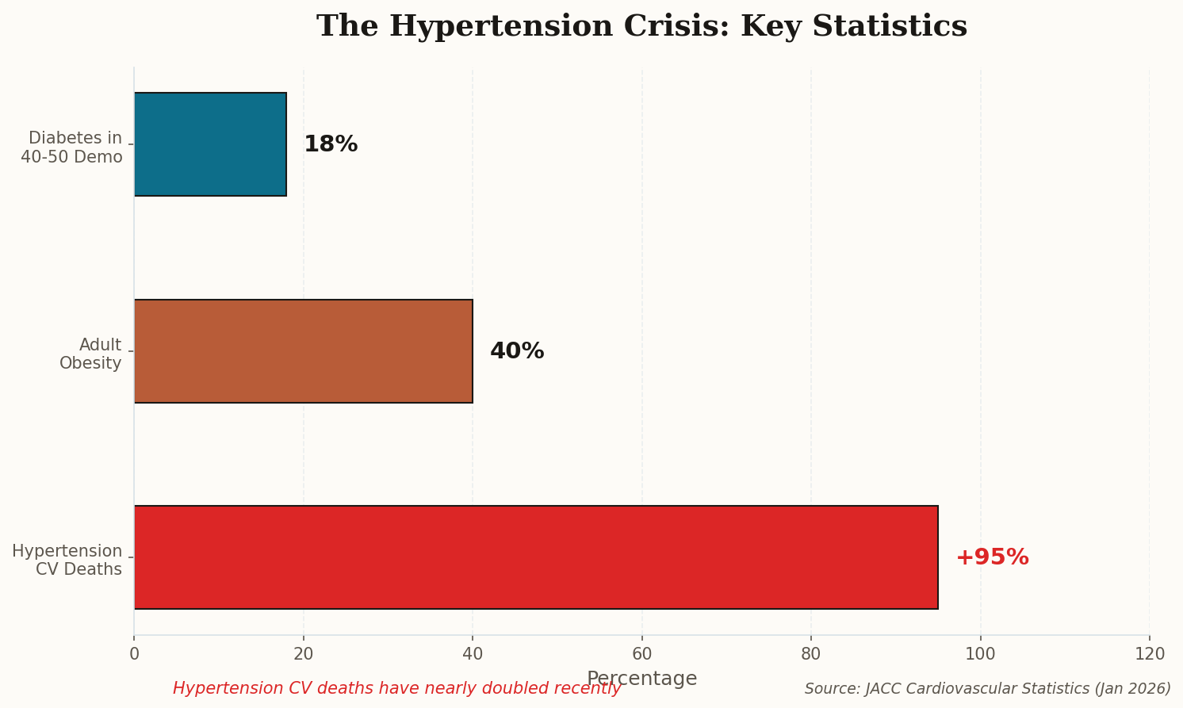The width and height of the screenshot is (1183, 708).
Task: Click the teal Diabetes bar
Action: click(x=210, y=144)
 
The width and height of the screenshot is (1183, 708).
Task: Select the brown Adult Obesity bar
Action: click(x=303, y=351)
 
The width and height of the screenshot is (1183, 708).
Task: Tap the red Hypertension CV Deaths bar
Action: click(x=536, y=557)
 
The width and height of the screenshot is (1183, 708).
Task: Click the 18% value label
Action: click(x=331, y=144)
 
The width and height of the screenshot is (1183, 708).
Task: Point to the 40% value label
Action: click(x=517, y=351)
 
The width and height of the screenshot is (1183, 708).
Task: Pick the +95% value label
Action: click(x=992, y=557)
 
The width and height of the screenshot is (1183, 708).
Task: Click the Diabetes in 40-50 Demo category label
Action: click(x=73, y=147)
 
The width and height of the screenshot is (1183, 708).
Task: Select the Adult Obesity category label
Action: click(x=91, y=354)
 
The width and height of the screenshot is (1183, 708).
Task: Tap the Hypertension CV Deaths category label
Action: click(x=68, y=561)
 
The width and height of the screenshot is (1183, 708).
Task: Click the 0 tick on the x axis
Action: click(x=134, y=654)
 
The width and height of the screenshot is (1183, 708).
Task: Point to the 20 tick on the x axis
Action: click(x=304, y=654)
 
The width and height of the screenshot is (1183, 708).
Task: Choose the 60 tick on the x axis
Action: click(x=642, y=654)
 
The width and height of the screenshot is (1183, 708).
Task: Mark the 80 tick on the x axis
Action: click(x=811, y=654)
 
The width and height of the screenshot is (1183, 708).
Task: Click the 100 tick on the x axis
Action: click(x=981, y=654)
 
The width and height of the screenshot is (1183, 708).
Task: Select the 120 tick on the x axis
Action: click(x=1150, y=654)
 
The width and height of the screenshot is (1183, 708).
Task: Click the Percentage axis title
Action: click(x=641, y=679)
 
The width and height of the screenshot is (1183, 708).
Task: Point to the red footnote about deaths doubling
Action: click(x=396, y=689)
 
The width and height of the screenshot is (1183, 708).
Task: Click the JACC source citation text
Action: click(x=987, y=689)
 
